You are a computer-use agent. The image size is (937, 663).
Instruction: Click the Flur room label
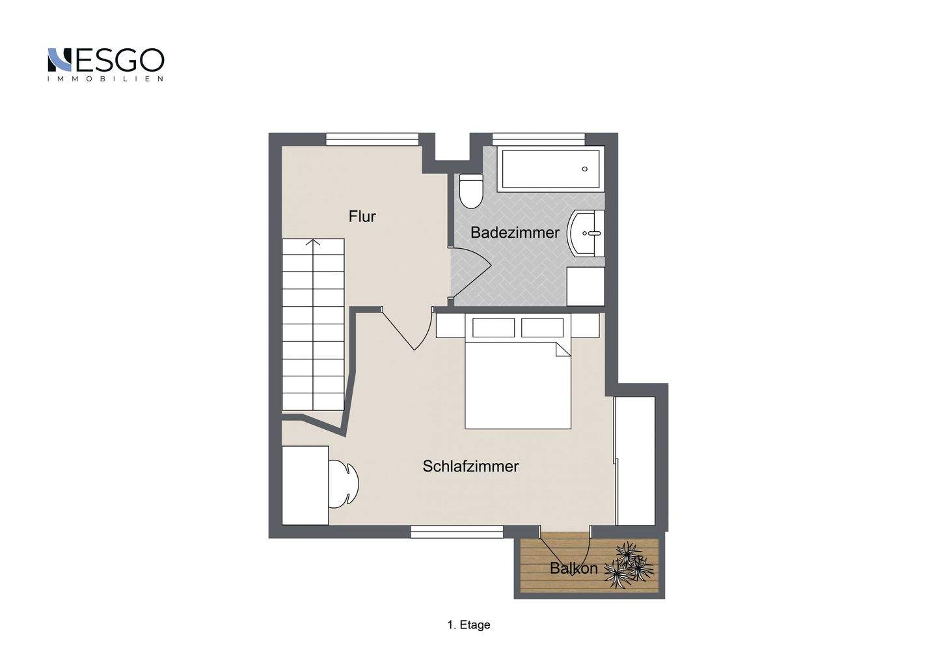pos(362,216)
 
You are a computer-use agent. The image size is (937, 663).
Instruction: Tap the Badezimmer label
pos(515,233)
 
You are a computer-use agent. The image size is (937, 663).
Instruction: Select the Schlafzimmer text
pos(470,466)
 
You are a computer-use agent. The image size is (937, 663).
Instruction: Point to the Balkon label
pos(573,568)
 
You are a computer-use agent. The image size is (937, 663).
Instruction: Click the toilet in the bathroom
pos(471,191)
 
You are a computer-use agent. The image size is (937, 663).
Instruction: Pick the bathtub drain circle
pos(584,169)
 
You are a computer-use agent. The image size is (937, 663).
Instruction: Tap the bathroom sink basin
pos(586,234)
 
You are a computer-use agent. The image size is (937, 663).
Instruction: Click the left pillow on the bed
pos(494,328)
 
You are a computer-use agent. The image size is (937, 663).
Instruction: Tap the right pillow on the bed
pos(542,328)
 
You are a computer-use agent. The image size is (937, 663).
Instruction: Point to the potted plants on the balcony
pos(629,565)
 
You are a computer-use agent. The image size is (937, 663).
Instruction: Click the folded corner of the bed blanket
pos(564,349)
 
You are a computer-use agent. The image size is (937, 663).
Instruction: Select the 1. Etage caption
pos(468,625)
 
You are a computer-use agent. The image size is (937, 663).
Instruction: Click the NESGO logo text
pos(106,60)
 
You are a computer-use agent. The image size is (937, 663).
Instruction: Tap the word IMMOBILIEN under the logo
pos(105,79)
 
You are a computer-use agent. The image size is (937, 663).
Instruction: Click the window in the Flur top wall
pos(372,139)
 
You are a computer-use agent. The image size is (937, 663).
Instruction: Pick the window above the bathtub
pos(539,139)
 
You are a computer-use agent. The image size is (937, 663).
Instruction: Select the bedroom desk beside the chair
pos(305,486)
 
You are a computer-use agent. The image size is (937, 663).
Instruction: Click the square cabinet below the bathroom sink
pos(586,287)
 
